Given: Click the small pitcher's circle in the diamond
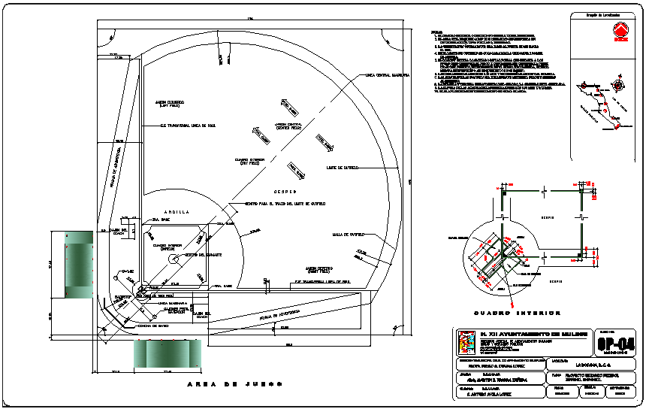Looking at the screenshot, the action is (174, 259).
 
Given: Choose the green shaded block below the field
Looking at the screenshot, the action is (167, 353).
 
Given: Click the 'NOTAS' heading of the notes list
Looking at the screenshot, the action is (436, 32).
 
